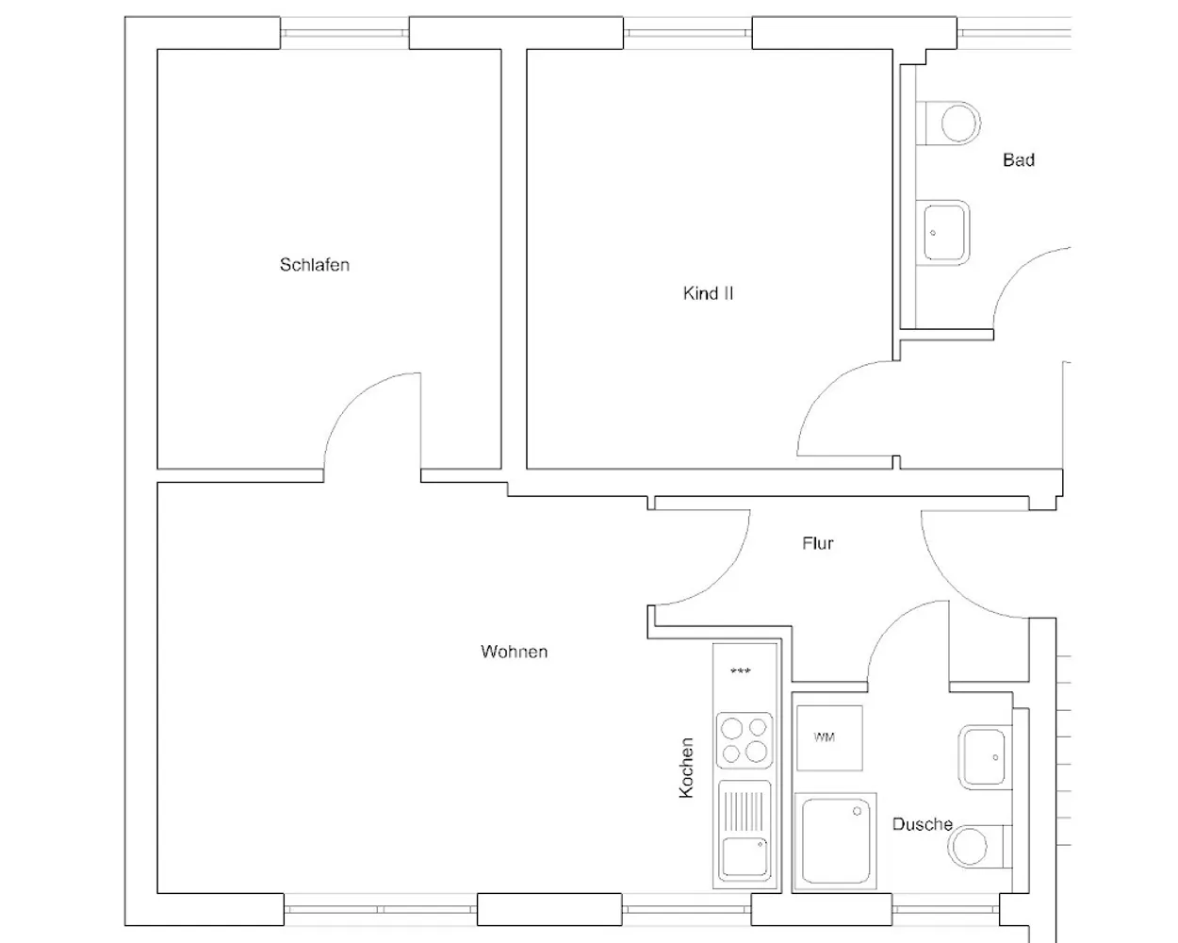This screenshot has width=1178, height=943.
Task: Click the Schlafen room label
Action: (x=314, y=265)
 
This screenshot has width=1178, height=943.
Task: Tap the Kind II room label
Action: (x=708, y=293)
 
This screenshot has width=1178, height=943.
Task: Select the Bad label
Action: (x=1018, y=160)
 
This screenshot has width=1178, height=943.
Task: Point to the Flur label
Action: (x=817, y=543)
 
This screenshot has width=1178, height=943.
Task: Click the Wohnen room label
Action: (x=514, y=652)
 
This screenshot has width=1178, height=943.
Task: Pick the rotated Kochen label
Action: (x=686, y=768)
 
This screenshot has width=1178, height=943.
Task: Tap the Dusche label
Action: (x=923, y=824)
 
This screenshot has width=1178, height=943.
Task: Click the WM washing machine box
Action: (x=829, y=738)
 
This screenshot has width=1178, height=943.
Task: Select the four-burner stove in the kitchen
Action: (x=744, y=740)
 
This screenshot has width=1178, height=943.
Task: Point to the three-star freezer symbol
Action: (x=740, y=671)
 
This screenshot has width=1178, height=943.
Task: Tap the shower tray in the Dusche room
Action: (x=835, y=840)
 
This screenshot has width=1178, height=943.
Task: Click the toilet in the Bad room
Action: (x=948, y=123)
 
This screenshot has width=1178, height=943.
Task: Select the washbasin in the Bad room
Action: (x=942, y=233)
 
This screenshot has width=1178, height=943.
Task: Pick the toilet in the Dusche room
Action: (x=979, y=846)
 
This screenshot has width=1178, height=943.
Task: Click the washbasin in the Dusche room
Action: (x=985, y=757)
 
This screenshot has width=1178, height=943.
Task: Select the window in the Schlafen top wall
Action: (x=344, y=33)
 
